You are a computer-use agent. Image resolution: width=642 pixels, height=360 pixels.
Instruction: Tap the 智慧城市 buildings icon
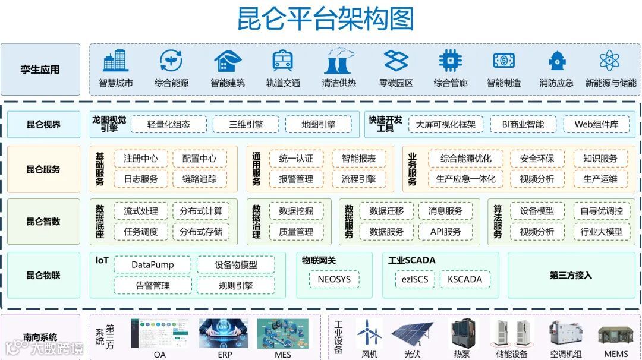click(115, 61)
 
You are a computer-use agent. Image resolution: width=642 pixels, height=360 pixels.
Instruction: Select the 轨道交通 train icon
click(282, 61)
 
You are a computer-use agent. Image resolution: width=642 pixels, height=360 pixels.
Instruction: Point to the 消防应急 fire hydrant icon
click(556, 61)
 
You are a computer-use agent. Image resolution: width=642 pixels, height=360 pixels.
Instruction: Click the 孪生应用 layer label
click(40, 70)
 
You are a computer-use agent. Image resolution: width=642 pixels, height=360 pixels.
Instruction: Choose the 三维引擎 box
click(246, 125)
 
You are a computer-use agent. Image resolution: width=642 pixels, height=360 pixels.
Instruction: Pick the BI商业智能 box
click(523, 125)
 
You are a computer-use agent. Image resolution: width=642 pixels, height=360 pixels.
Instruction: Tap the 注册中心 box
click(141, 159)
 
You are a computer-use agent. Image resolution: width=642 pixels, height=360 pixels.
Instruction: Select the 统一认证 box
click(296, 159)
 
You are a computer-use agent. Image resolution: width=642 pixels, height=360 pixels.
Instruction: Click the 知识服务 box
click(600, 159)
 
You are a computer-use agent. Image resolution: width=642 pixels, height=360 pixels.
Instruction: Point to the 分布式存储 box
click(201, 232)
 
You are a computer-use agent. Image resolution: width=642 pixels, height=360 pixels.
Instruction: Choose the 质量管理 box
click(296, 232)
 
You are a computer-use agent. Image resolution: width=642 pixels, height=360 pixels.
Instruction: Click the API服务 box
click(445, 232)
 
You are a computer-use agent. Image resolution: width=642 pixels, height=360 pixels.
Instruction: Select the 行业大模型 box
click(602, 232)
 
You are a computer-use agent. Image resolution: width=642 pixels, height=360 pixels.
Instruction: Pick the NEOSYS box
click(334, 279)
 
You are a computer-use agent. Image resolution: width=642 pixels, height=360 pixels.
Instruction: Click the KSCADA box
click(465, 279)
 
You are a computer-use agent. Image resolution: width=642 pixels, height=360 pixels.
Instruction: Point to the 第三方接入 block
click(571, 275)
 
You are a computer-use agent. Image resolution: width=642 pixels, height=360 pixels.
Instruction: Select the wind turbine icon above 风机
click(369, 333)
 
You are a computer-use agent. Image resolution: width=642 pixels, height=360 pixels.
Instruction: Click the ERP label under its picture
click(225, 355)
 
